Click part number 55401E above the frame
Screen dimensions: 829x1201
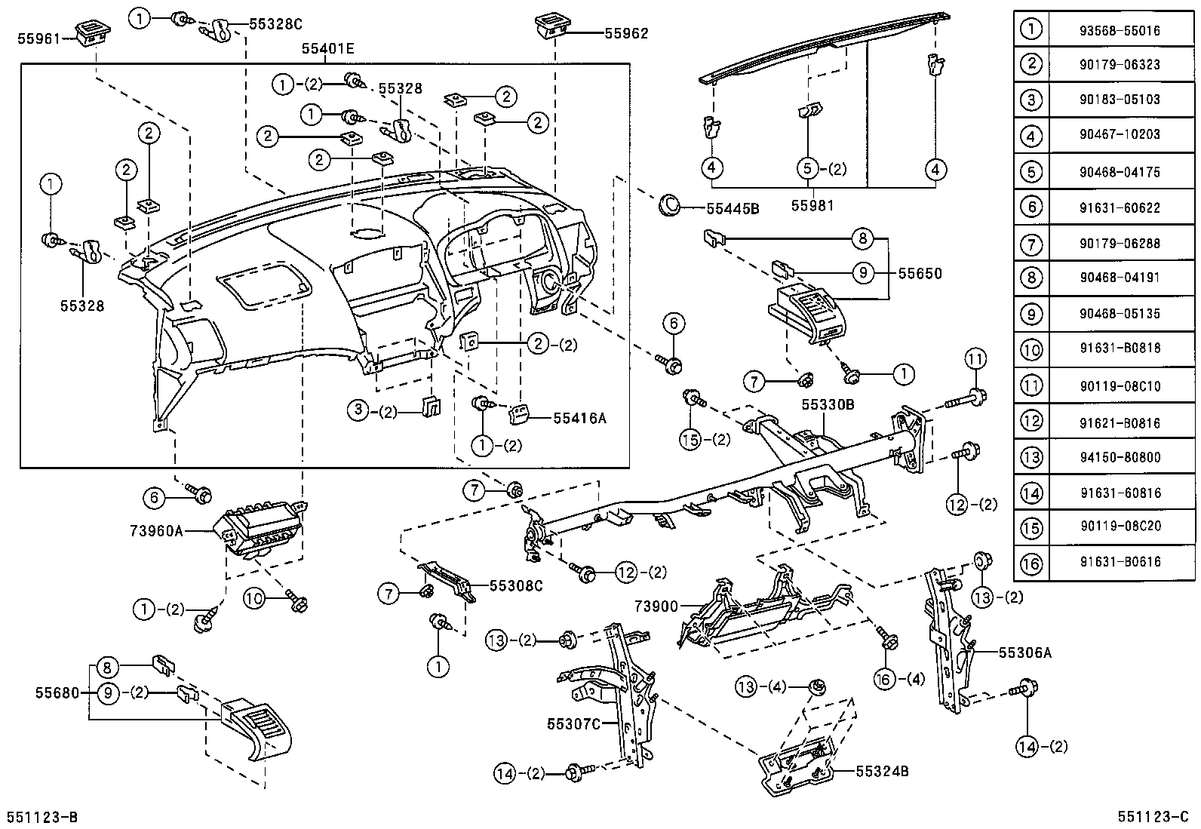[327, 50]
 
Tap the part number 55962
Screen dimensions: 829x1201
[626, 33]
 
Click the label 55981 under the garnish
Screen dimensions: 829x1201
[812, 205]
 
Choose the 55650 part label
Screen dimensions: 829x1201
[920, 274]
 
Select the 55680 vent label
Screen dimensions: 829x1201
[57, 692]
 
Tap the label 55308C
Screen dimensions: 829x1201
[516, 585]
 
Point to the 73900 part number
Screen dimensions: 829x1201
[656, 606]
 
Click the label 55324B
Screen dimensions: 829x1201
[881, 771]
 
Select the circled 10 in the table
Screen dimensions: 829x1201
[1031, 349]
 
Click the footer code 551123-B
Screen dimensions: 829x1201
[41, 818]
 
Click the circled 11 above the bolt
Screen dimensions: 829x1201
[975, 359]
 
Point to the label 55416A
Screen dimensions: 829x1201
[579, 417]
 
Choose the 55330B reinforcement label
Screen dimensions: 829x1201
[828, 405]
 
